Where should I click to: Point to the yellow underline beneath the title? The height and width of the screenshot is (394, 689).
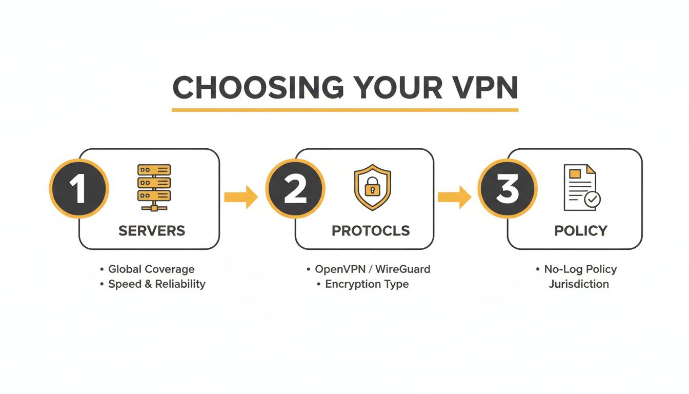pos(344,110)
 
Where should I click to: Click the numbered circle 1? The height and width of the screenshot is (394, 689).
pos(78,189)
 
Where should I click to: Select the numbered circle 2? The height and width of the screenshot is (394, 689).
pos(295,189)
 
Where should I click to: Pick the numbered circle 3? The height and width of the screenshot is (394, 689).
pos(507,189)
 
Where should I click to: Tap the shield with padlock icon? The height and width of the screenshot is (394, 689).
pos(372,187)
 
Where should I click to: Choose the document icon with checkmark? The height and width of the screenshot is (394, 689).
pos(582,187)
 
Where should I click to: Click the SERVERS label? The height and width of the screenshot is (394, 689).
pos(152,231)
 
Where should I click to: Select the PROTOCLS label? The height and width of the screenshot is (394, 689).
pos(371,231)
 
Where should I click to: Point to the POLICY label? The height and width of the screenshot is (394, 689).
pos(581,231)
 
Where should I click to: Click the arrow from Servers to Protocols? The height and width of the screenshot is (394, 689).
pos(241,197)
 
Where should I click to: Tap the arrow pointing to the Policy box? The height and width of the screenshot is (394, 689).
pos(454,197)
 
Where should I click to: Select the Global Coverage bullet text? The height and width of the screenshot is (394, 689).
pos(151,269)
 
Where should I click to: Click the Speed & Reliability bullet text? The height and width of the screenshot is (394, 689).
pos(156,284)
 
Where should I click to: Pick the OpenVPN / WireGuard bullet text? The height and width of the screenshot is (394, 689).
pos(372,269)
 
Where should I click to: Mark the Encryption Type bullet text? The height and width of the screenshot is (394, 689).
pos(367,284)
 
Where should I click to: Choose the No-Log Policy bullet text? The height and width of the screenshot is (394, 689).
pos(580,269)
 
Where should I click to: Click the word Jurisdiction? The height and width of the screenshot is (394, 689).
pos(579,284)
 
